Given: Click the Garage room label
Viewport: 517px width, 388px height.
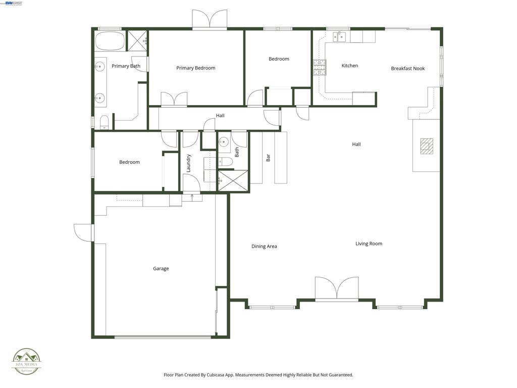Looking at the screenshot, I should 161,269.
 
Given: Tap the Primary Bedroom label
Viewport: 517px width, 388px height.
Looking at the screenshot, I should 195,68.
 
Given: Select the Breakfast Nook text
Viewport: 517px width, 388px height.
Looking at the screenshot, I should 407,69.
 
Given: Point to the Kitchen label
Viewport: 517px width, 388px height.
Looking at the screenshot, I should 349,66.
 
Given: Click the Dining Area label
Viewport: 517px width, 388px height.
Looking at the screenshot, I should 264,247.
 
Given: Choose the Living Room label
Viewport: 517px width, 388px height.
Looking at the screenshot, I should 369,244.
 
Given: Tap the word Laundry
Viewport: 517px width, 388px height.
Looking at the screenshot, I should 189,163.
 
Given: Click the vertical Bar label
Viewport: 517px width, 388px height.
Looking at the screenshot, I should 268,158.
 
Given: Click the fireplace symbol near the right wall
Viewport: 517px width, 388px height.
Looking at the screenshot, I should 427,145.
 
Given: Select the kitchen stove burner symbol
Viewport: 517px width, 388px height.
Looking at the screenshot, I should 320,67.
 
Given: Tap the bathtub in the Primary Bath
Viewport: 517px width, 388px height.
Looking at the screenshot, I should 109,41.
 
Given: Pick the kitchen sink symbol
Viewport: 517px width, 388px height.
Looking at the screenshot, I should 339,36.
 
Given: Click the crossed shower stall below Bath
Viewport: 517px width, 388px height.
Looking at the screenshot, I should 233,181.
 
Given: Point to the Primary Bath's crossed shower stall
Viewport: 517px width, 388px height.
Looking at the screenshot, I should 136,38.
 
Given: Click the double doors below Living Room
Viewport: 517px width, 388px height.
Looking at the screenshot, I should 337,288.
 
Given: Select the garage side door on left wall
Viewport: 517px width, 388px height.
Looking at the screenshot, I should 83,232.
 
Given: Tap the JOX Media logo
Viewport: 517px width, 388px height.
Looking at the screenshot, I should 27,361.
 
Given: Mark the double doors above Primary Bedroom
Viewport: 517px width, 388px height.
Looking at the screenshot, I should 210,19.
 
